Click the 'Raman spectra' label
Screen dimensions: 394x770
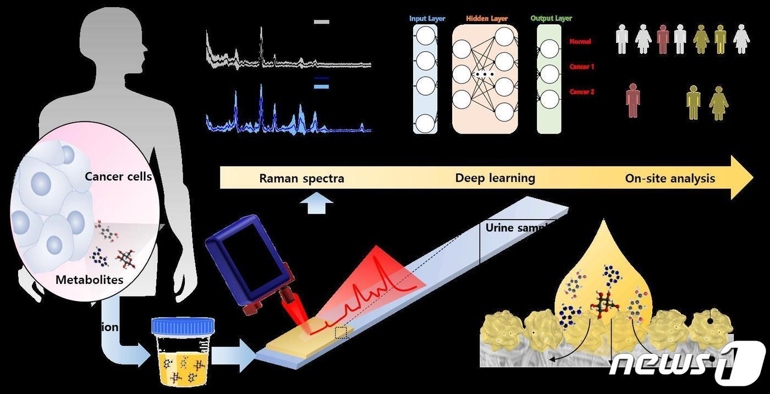(x=301, y=178)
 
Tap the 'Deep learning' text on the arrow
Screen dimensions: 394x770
(x=495, y=178)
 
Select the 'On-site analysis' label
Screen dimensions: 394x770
(x=670, y=178)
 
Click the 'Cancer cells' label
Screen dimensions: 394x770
(x=118, y=177)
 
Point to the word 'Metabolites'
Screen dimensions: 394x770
(x=89, y=280)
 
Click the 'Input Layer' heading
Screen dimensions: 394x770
(x=427, y=19)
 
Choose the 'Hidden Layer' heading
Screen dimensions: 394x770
(x=487, y=19)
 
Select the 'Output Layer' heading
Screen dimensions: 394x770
(x=551, y=19)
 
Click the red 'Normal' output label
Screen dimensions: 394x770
(x=580, y=41)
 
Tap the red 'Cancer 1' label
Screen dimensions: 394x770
(x=582, y=67)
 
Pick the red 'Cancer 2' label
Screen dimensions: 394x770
(x=582, y=92)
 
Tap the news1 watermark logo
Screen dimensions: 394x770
(x=687, y=363)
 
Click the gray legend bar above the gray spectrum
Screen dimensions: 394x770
(x=321, y=22)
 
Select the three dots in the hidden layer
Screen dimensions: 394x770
(x=485, y=74)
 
